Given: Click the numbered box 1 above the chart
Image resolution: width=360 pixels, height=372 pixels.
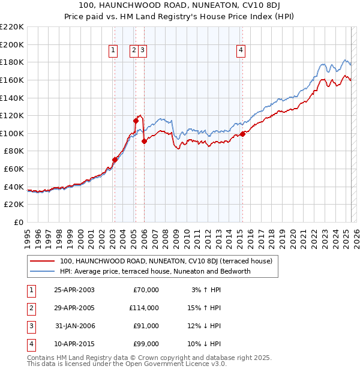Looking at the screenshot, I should point(113,51).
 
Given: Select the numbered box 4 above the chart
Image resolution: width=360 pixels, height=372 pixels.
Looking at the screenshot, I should point(241,51).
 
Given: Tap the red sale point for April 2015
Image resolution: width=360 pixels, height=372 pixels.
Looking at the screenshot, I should point(242,134).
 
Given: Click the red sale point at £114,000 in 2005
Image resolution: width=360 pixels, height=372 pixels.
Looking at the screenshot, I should point(136,121).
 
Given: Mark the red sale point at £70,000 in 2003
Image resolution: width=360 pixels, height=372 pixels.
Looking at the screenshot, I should point(115,160).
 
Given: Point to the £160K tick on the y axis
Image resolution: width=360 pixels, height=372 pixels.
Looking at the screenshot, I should point(12,80).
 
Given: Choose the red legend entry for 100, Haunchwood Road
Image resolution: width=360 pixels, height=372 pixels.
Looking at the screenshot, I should point(166,261).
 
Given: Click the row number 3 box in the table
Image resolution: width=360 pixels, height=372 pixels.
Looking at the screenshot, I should point(31,326).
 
